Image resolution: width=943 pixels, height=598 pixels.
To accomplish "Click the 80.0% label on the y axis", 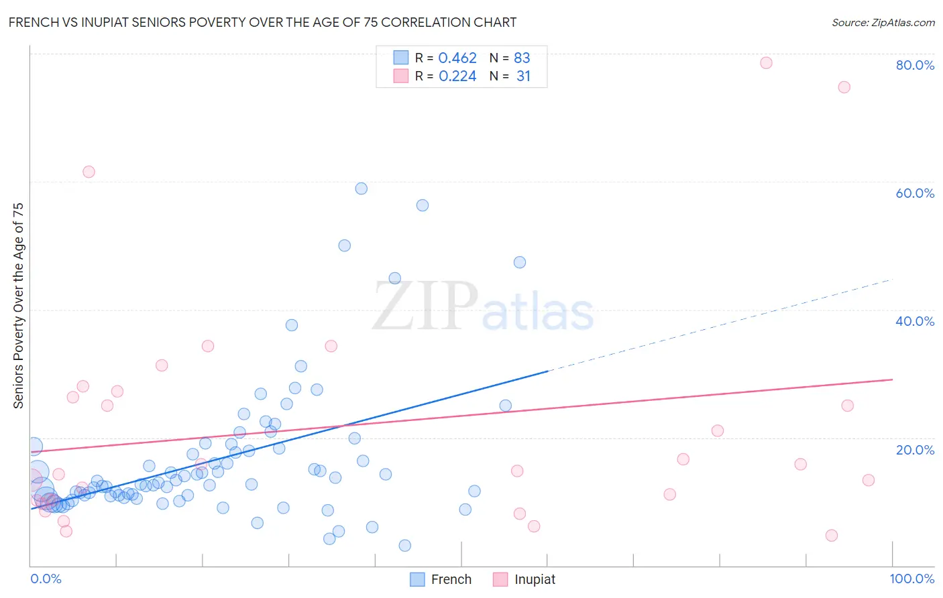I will (x=915, y=65).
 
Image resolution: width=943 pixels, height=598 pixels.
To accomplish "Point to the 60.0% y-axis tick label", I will (x=915, y=193).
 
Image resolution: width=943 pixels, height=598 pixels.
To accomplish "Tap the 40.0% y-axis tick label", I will (x=915, y=321).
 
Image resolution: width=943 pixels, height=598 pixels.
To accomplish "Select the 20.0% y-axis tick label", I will (x=915, y=450).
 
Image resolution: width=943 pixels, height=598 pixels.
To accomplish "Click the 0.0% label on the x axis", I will (x=46, y=579).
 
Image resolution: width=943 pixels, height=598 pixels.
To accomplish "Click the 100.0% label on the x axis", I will (x=911, y=579).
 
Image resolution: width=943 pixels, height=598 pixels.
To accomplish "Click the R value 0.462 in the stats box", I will (x=457, y=58).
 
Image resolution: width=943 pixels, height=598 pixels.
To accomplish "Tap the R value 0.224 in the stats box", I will (x=457, y=76).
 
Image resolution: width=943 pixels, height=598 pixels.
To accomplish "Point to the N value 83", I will (x=522, y=58).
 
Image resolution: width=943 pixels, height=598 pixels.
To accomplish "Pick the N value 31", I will (x=523, y=76).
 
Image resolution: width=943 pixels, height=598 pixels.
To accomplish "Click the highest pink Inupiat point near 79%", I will (x=766, y=63).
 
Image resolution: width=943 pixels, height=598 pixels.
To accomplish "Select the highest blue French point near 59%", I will (x=362, y=188).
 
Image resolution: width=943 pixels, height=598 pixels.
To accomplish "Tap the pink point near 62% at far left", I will (x=89, y=172).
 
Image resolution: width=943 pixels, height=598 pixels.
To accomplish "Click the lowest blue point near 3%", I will (x=405, y=546).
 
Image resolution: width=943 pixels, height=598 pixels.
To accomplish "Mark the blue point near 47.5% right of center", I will (x=520, y=262).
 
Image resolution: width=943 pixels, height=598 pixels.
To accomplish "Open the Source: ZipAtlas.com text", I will (x=883, y=23).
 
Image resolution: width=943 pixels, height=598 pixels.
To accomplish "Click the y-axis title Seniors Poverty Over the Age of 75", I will (x=19, y=306).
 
